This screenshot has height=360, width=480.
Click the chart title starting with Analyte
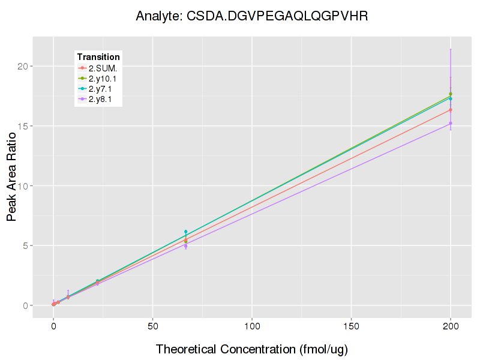pyautogui.click(x=251, y=16)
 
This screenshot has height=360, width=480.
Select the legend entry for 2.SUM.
pyautogui.click(x=103, y=68)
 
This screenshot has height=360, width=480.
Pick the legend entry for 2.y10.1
pyautogui.click(x=104, y=79)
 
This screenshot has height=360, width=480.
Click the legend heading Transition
pyautogui.click(x=98, y=57)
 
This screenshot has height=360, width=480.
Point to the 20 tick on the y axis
pyautogui.click(x=22, y=66)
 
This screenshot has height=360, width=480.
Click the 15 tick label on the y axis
pyautogui.click(x=22, y=126)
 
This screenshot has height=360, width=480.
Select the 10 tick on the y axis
pyautogui.click(x=22, y=186)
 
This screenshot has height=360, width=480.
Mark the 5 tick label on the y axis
pyautogui.click(x=25, y=246)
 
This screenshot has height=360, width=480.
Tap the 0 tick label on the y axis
pyautogui.click(x=25, y=305)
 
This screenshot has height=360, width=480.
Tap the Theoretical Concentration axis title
pyautogui.click(x=252, y=349)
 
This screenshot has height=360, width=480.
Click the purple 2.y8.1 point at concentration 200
pyautogui.click(x=451, y=123)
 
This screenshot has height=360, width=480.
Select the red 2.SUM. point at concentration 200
pyautogui.click(x=451, y=110)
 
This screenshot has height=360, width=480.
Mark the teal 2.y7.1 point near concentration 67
pyautogui.click(x=186, y=232)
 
